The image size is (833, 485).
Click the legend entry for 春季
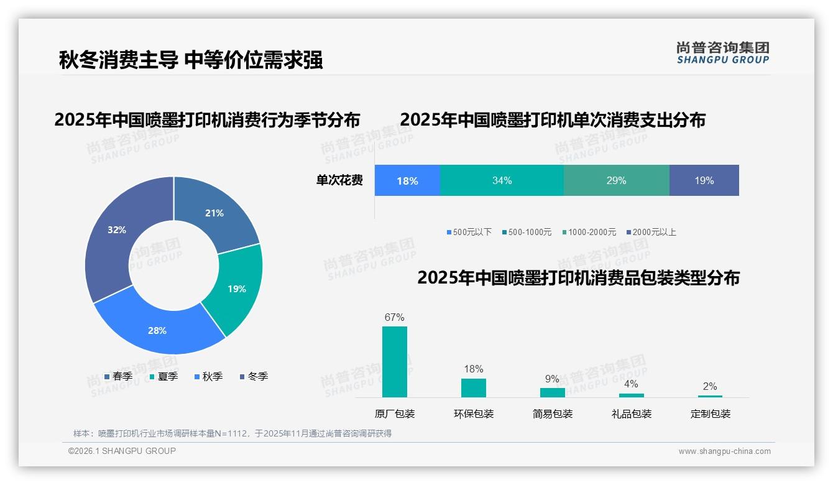[x=118, y=376]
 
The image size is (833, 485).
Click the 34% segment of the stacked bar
[x=502, y=180]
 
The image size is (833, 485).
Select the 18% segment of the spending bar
[x=407, y=181]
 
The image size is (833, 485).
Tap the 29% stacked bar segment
[x=616, y=180]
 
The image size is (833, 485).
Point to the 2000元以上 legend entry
[x=651, y=232]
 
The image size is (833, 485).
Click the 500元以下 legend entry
[x=469, y=232]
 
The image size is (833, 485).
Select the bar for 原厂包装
[x=395, y=362]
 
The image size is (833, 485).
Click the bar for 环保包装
[x=474, y=387]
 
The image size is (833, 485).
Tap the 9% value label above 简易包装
[x=552, y=379]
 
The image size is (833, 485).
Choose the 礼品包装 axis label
[x=632, y=413]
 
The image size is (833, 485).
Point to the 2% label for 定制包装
[x=710, y=386]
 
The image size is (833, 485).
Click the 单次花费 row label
[x=339, y=180]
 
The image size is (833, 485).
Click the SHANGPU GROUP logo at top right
[x=723, y=52]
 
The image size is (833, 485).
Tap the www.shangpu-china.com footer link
[x=724, y=451]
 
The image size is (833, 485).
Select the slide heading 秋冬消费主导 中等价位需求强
[x=191, y=60]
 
